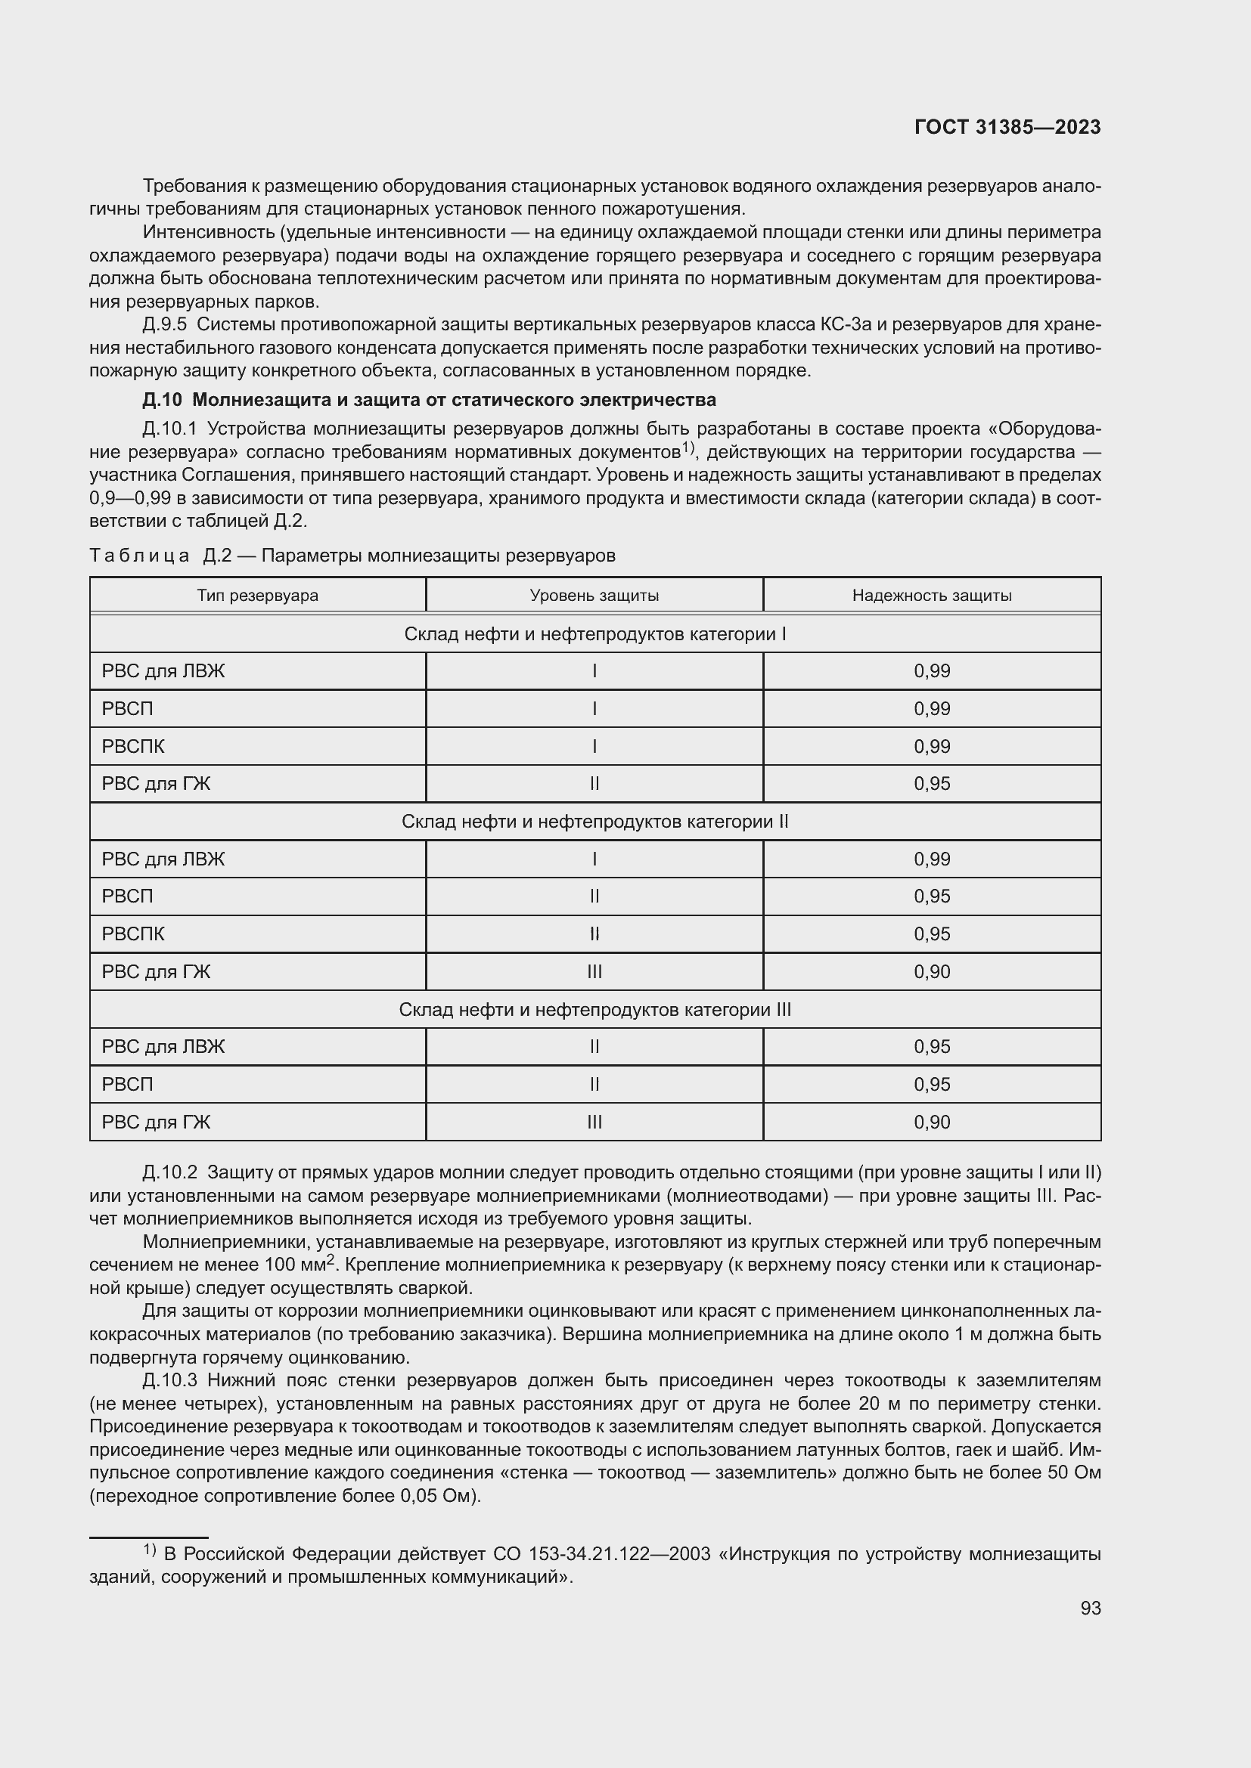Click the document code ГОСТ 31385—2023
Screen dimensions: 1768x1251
click(1007, 127)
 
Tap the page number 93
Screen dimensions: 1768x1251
click(1090, 1608)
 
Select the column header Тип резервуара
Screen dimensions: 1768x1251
click(257, 595)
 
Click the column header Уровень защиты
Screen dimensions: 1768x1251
click(594, 595)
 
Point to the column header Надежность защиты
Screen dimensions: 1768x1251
click(931, 595)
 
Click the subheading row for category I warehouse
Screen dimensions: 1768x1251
click(594, 633)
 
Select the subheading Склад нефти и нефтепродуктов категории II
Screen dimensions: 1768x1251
click(594, 822)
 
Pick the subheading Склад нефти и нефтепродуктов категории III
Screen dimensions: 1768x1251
click(594, 1010)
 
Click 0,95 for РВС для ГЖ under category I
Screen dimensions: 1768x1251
click(932, 784)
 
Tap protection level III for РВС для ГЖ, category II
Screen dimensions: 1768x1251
click(594, 972)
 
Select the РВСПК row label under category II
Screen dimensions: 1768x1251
click(133, 934)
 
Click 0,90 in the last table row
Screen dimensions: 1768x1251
click(932, 1122)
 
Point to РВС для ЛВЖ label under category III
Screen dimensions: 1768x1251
click(163, 1046)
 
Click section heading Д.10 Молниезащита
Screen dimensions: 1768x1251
click(429, 400)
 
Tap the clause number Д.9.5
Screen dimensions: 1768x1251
click(165, 324)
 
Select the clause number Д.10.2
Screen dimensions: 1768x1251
click(169, 1173)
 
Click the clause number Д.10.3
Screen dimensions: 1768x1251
click(169, 1381)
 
